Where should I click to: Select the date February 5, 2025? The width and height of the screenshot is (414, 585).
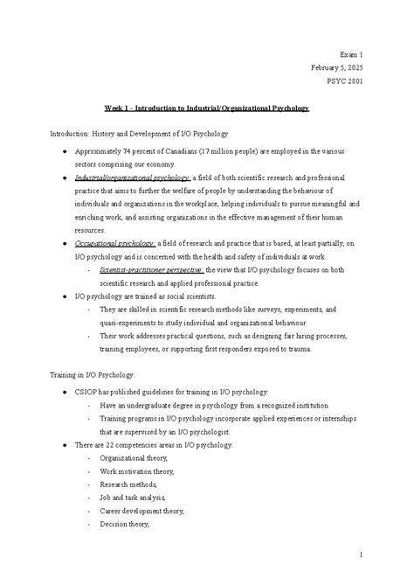[335, 66]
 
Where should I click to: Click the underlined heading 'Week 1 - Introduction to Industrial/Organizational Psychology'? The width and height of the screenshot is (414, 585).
[206, 108]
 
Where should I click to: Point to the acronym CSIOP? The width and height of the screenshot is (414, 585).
[86, 391]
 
